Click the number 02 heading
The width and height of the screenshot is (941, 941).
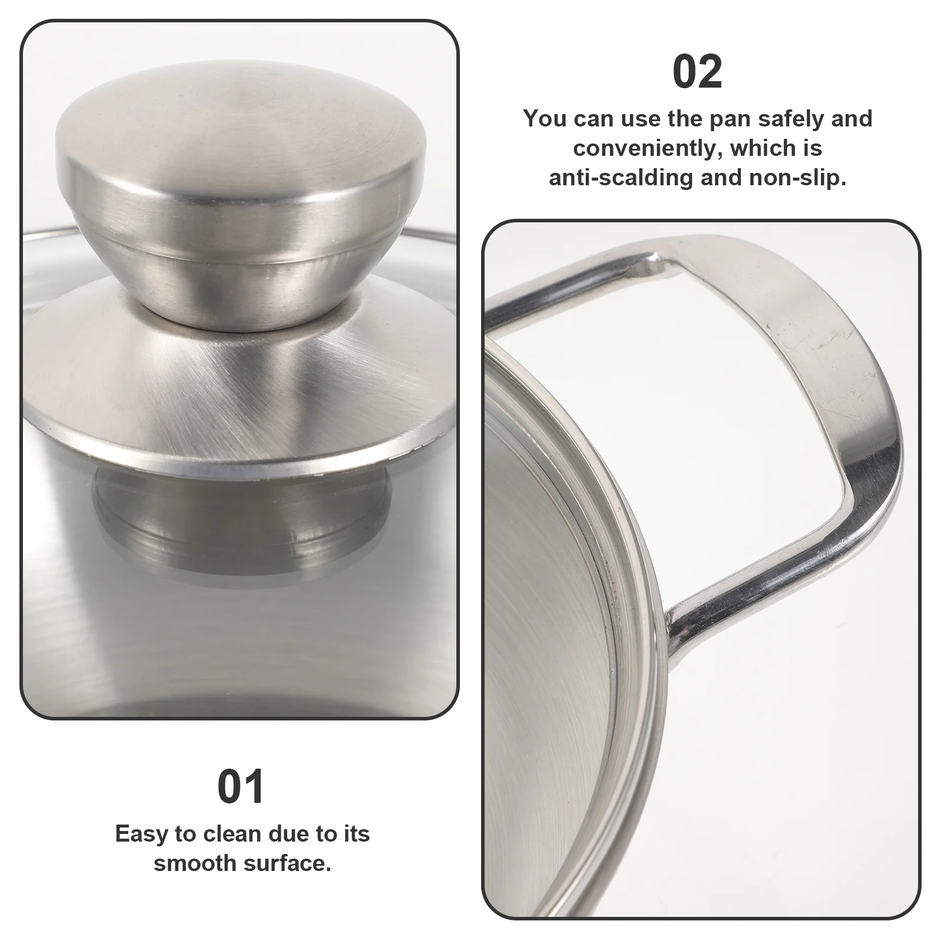pos(697,72)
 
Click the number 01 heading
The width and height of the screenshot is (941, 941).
pos(241,787)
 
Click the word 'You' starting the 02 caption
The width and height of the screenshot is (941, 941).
pos(545,119)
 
